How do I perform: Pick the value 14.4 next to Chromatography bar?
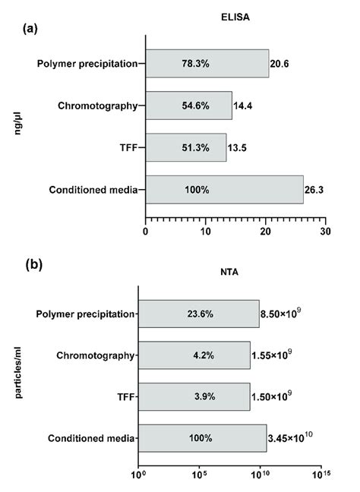243,106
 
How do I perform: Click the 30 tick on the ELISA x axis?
325,232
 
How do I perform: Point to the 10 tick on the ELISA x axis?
205,232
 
